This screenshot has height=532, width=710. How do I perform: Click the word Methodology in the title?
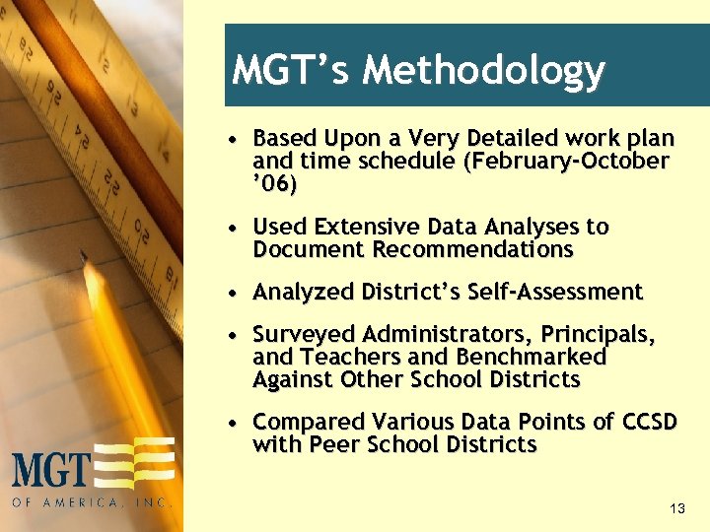(x=483, y=71)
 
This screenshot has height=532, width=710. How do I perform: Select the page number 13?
(x=676, y=508)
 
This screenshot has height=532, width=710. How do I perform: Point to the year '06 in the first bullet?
(x=275, y=184)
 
